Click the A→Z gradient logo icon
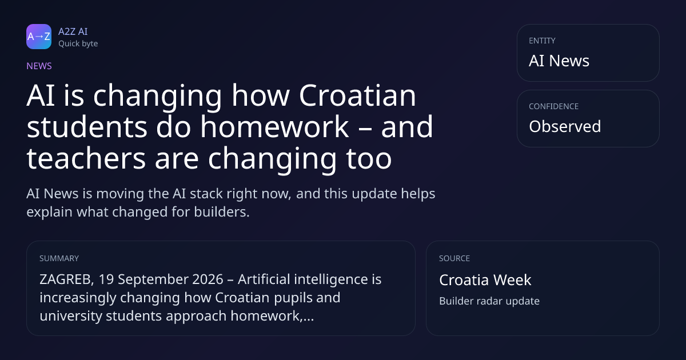click(x=39, y=37)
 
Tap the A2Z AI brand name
click(x=73, y=31)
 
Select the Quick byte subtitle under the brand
click(x=78, y=44)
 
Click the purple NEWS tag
click(x=39, y=66)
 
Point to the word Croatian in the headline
click(x=357, y=95)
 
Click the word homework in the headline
click(x=275, y=127)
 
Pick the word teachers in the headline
click(x=86, y=158)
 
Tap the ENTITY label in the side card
click(x=542, y=41)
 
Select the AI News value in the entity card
click(x=559, y=61)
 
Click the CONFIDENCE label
click(x=554, y=106)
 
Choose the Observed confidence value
click(x=565, y=126)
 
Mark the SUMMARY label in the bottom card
click(x=59, y=258)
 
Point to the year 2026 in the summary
click(x=208, y=279)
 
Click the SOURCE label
click(x=454, y=258)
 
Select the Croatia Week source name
click(x=485, y=280)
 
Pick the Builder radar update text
click(x=489, y=301)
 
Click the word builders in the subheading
click(x=222, y=212)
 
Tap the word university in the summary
click(x=71, y=316)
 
